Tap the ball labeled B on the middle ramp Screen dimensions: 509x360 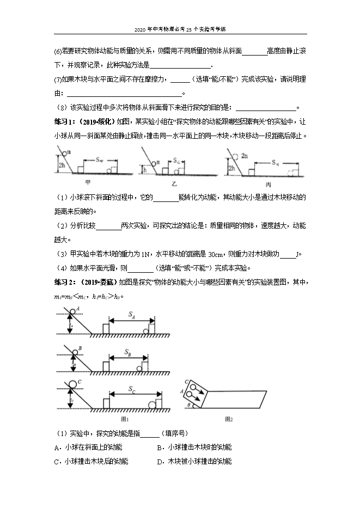(74, 351)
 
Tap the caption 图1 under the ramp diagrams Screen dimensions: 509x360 (124, 419)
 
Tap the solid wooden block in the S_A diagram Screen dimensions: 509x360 (106, 329)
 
